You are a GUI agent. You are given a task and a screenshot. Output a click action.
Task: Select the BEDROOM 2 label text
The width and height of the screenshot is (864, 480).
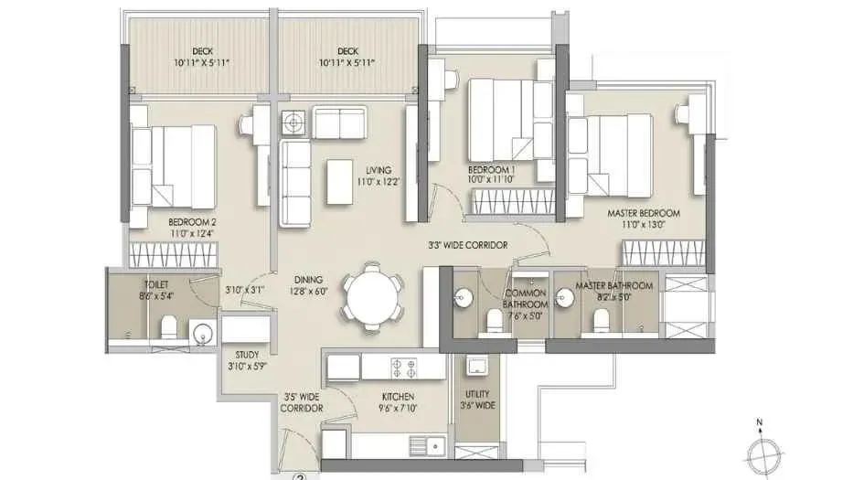(x=192, y=228)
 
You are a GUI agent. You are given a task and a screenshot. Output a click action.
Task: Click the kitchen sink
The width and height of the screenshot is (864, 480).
(x=429, y=445)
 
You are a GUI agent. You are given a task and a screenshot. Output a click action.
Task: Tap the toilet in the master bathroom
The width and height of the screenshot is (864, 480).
(x=601, y=321)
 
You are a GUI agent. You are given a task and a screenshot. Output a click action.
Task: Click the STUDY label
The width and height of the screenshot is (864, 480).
(x=246, y=360)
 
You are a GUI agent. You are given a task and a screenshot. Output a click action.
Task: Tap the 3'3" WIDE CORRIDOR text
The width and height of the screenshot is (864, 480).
(x=467, y=245)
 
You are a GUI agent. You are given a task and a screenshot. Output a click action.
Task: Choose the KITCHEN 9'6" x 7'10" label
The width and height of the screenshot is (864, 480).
(x=399, y=403)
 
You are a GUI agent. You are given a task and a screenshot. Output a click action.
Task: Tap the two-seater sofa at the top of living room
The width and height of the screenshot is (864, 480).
(x=339, y=122)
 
